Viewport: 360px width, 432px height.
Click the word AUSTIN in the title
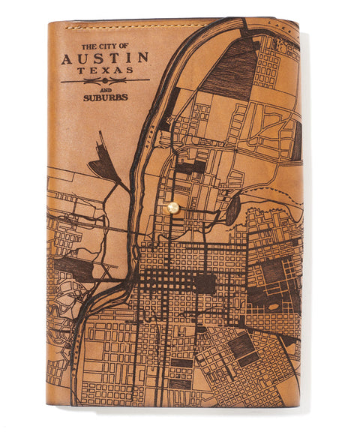pos(105,58)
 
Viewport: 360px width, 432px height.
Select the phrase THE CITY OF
pos(105,46)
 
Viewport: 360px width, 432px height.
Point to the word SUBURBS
pos(105,96)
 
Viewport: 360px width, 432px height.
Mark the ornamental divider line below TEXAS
pos(105,79)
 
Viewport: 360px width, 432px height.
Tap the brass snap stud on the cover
pos(173,207)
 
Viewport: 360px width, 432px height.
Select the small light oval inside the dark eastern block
pos(274,305)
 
